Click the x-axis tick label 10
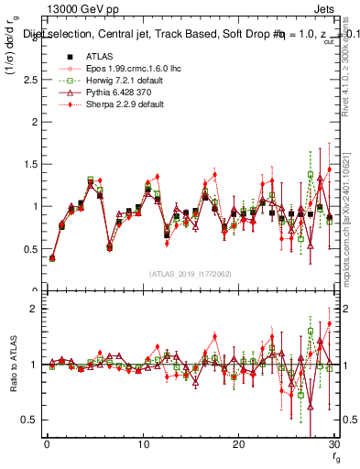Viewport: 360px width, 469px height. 142,445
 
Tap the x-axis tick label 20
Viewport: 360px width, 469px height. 238,445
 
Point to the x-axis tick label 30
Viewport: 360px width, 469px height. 333,445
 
